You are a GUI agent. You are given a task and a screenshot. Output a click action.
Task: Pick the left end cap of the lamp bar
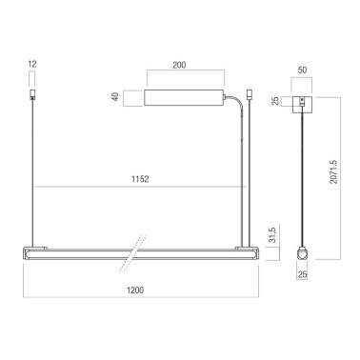pos(23,253)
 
